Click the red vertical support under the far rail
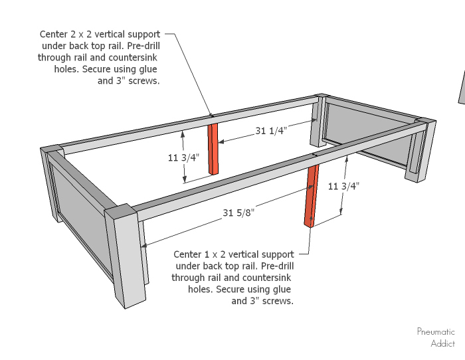point(213,149)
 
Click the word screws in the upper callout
point(145,81)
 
